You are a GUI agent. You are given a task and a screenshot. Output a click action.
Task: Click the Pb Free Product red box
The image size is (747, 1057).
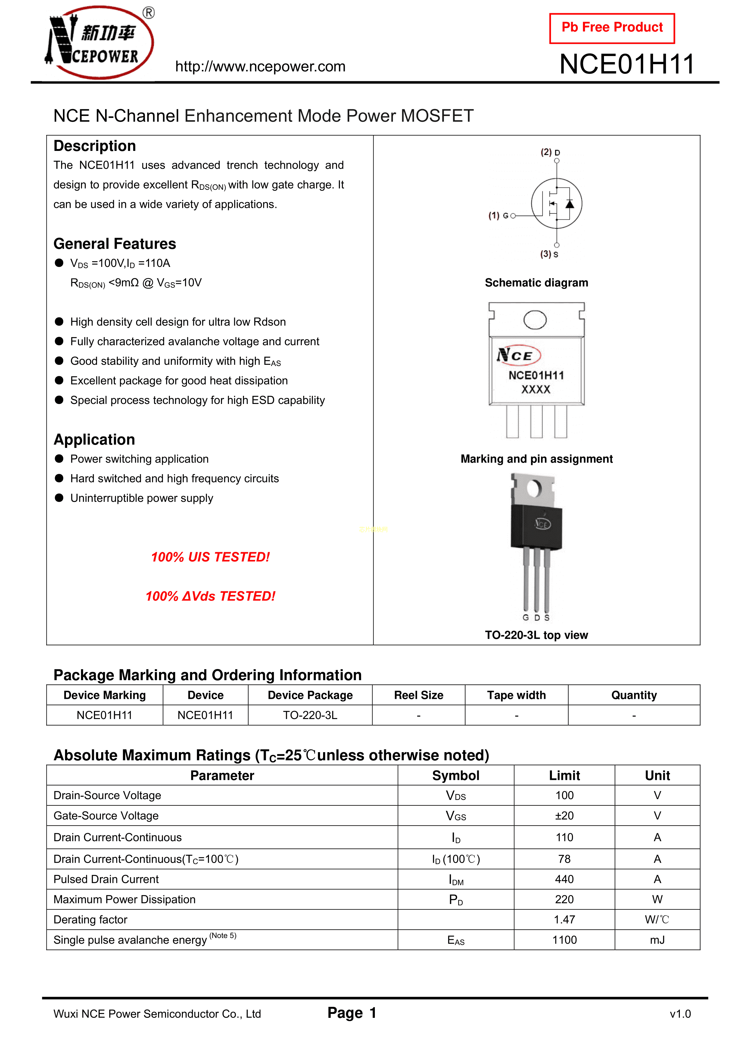[x=612, y=28]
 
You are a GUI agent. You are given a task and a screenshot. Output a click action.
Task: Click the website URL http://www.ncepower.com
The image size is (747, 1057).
[x=260, y=67]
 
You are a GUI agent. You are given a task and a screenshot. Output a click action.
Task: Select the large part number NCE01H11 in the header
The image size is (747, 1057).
[x=626, y=64]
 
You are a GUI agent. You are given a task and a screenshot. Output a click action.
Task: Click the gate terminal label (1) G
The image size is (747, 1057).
[x=499, y=215]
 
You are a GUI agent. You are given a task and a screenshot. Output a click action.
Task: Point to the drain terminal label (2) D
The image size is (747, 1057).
[x=550, y=152]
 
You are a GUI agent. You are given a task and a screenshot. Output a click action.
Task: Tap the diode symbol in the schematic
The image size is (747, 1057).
[x=570, y=204]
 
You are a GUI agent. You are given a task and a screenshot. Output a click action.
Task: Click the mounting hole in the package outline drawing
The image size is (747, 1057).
[x=535, y=320]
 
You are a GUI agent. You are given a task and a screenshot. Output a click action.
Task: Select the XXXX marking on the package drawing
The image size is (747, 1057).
[x=536, y=389]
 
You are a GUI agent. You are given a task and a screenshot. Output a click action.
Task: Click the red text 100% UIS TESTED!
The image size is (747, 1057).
[x=210, y=557]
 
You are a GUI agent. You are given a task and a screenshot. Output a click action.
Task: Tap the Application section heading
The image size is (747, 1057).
[x=94, y=440]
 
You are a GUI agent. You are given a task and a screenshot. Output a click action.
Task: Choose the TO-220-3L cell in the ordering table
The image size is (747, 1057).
[x=310, y=715]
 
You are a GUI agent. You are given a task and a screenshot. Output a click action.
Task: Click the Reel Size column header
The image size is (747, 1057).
[x=419, y=695]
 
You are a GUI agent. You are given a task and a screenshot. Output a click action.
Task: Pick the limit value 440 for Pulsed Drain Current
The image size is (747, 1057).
[x=564, y=879]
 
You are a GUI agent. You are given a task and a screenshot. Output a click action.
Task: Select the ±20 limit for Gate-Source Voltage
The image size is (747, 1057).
[x=564, y=816]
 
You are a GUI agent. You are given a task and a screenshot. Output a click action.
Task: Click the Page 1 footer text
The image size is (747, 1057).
[x=352, y=1013]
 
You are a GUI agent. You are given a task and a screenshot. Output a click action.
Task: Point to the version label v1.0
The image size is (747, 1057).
[x=680, y=1014]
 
